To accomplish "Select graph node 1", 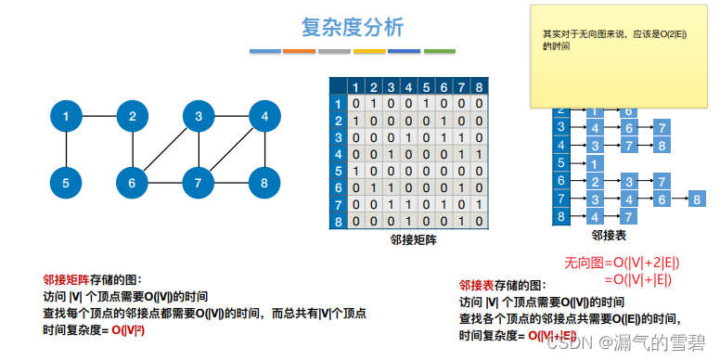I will coord(66,117).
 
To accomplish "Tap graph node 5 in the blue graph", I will coord(66,183).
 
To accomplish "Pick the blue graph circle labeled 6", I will coord(133,183).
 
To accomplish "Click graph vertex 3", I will coord(199,117).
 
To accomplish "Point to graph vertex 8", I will coord(264,183).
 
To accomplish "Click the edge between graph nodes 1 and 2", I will coord(99,117).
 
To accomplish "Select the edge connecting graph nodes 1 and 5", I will coord(66,150).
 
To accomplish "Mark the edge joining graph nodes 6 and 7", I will coord(165,183).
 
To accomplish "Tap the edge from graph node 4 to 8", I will coord(264,150).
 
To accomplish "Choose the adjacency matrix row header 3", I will coord(339,137).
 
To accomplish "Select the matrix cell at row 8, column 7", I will coord(460,222).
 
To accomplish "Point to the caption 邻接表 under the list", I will coord(610,236).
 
